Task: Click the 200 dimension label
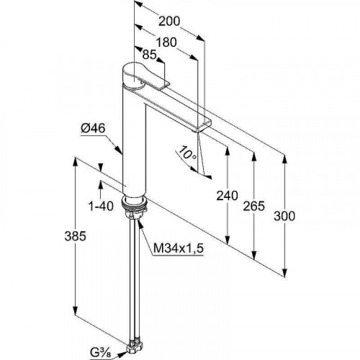pos(169,21)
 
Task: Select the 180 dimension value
pos(166,42)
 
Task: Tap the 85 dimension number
pos(149,55)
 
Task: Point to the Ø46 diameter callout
pos(93,128)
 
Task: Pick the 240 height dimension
pos(227,196)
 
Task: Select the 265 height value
pos(254,206)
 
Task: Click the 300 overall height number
pos(284,216)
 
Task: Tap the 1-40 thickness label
pos(101,206)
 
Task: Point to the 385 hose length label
pos(75,236)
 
